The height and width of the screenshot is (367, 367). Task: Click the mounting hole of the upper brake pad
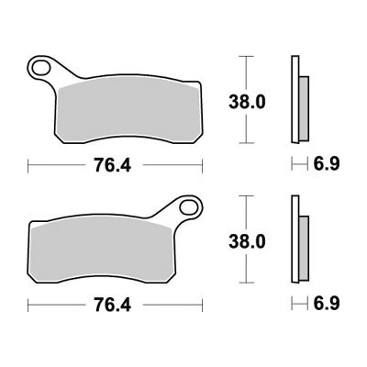pyautogui.click(x=41, y=68)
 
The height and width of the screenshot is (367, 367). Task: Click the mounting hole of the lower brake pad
pyautogui.click(x=188, y=207)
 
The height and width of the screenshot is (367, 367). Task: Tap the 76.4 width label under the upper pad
pyautogui.click(x=113, y=165)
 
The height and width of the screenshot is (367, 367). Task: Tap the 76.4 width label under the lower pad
pyautogui.click(x=113, y=305)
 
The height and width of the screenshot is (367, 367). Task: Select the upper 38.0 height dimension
pyautogui.click(x=247, y=103)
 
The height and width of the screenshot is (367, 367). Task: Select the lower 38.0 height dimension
pyautogui.click(x=247, y=242)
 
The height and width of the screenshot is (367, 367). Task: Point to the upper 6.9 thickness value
pyautogui.click(x=326, y=164)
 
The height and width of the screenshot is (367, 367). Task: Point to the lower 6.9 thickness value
pyautogui.click(x=326, y=304)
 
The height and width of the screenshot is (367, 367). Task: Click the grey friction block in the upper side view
pyautogui.click(x=304, y=108)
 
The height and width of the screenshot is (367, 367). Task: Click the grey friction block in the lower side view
pyautogui.click(x=304, y=248)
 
